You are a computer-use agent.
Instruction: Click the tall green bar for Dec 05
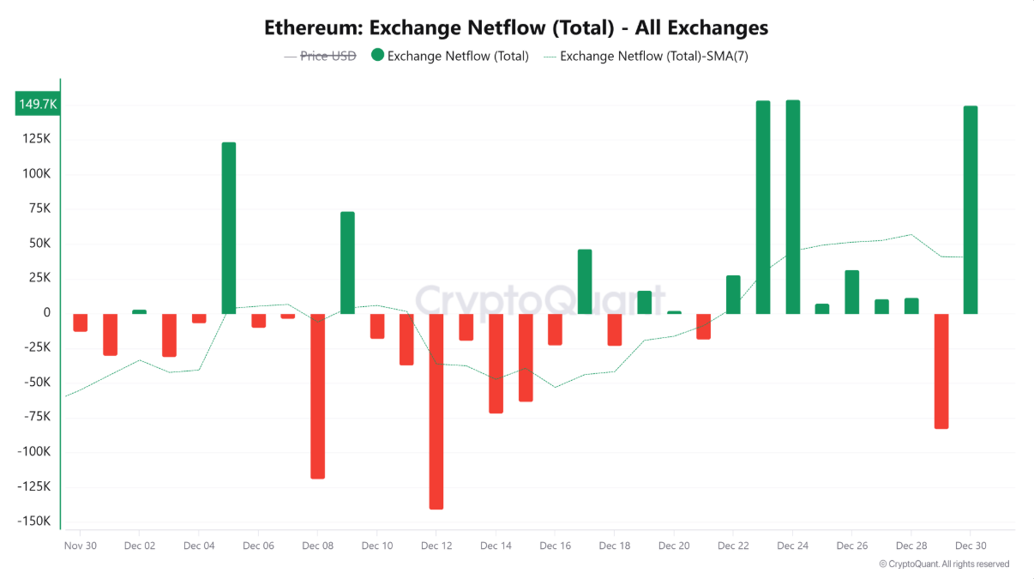[229, 227]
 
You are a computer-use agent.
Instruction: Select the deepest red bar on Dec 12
[436, 411]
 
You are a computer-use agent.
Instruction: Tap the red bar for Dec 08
[318, 395]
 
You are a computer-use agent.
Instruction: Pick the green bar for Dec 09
[347, 262]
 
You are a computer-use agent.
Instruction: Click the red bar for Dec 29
[941, 371]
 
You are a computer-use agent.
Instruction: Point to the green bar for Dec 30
[971, 209]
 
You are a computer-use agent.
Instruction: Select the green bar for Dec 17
[585, 281]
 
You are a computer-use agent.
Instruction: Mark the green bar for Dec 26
[851, 292]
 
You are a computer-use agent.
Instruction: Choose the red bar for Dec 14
[496, 363]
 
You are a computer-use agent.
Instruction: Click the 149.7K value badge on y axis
[38, 104]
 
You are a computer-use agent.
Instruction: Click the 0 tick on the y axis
[46, 313]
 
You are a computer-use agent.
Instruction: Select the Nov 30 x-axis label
[80, 546]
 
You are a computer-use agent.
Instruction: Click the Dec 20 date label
[674, 546]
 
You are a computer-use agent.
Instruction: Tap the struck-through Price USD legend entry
[328, 56]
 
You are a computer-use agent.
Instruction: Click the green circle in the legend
[377, 56]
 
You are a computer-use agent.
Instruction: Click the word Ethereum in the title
[312, 27]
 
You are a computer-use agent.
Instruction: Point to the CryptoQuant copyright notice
[944, 564]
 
